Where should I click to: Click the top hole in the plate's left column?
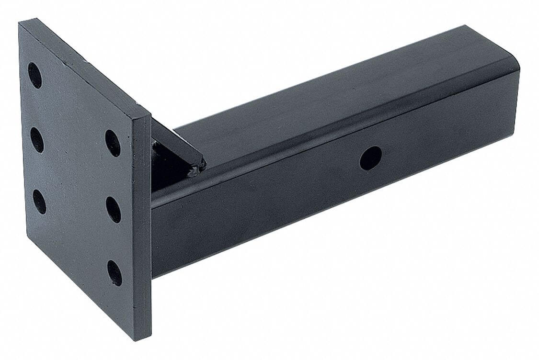(34, 76)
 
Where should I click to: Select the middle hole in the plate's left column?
(37, 140)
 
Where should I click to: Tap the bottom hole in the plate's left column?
(39, 202)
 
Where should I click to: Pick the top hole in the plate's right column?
(113, 143)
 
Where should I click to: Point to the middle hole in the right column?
(114, 210)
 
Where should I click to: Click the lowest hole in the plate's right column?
(115, 273)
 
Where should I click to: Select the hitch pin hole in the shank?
(371, 158)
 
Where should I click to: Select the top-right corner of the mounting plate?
(149, 116)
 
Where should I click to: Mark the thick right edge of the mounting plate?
(142, 230)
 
